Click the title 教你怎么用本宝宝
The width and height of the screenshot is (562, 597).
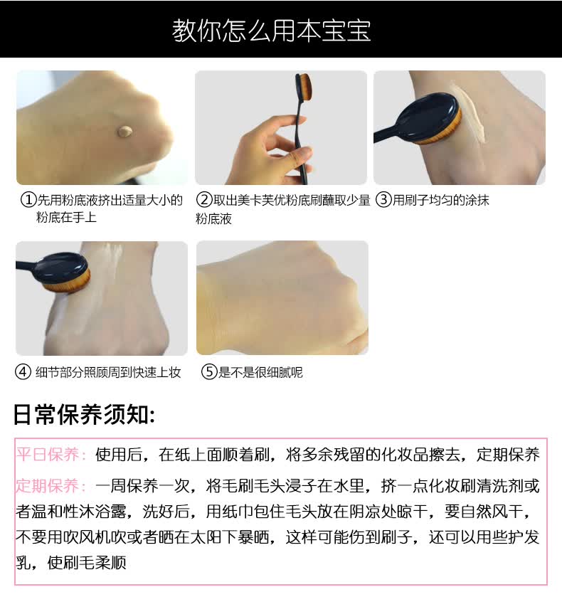point(271,30)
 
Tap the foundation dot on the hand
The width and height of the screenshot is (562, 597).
point(125,132)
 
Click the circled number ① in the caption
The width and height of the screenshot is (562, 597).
point(28,200)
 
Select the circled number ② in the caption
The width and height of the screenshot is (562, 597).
point(204,199)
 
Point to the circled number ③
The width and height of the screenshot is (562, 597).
point(383,199)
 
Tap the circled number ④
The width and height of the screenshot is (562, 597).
point(23,371)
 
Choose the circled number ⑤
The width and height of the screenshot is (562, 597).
point(209,371)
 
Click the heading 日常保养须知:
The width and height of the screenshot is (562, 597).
point(84,414)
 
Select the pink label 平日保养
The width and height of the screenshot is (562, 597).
point(48,454)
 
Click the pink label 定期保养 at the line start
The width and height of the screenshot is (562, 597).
point(48,486)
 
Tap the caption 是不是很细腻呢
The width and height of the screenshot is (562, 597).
point(260,372)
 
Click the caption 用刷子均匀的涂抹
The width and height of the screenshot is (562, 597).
point(440,200)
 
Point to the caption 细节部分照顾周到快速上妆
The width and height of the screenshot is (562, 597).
point(108,372)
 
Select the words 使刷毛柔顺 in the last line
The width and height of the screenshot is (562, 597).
point(87,562)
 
